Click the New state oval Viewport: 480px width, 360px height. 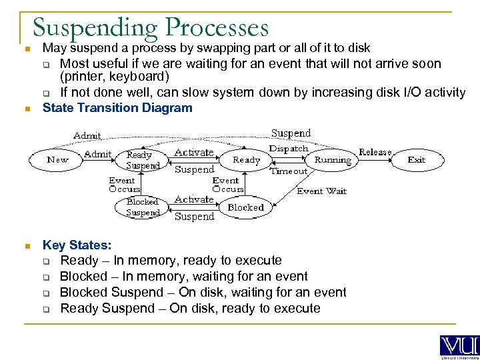click(57, 160)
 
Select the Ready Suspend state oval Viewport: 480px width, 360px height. click(143, 160)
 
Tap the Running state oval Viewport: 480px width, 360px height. click(333, 160)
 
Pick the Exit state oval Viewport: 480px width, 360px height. click(417, 160)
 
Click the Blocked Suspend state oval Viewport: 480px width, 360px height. click(143, 207)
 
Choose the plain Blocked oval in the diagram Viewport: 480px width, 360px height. click(246, 207)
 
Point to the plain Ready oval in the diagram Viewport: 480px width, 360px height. click(246, 160)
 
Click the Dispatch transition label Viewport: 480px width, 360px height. click(289, 149)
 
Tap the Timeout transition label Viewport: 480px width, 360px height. click(289, 171)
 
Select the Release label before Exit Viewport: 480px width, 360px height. click(375, 152)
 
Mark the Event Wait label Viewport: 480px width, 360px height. click(322, 191)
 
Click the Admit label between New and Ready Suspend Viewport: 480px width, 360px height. click(97, 154)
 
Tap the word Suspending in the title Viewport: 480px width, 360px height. click(95, 28)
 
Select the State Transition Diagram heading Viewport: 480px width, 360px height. click(117, 108)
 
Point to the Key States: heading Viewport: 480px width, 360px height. click(77, 245)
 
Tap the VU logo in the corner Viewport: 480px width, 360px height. click(459, 347)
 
